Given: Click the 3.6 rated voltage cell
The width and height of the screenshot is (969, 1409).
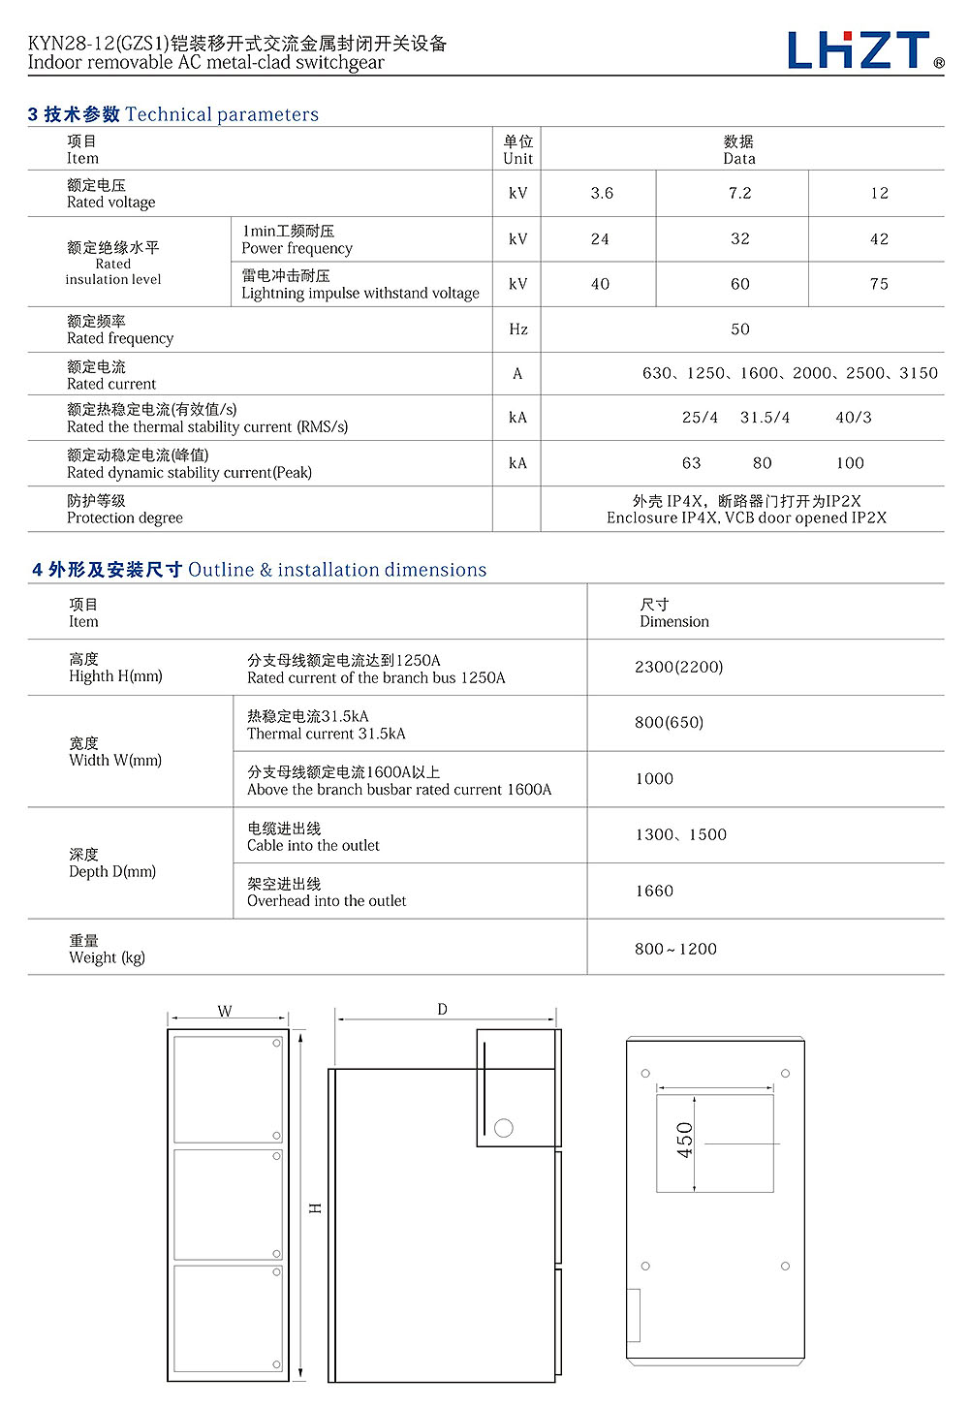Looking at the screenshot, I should coord(602,193).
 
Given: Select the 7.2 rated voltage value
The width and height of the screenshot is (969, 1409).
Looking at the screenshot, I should coord(739,193).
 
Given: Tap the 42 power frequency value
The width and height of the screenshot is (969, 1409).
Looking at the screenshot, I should coord(879,238).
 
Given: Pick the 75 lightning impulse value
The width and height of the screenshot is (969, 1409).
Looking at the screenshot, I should coord(879,284).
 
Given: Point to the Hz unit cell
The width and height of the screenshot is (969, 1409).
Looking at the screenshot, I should coord(517,329).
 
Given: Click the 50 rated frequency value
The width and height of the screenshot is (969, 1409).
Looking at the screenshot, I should coord(739,329).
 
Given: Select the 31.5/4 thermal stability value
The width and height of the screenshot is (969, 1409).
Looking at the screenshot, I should coord(765,418).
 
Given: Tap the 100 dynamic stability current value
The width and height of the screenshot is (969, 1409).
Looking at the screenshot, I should coord(850,463).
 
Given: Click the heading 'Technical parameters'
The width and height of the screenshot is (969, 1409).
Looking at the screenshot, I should coord(221,114).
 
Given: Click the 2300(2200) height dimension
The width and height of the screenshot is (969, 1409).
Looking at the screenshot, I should coord(678,667).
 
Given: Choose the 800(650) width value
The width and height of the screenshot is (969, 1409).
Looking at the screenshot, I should coord(669,722).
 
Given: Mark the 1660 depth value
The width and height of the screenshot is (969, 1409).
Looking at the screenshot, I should coord(654,891).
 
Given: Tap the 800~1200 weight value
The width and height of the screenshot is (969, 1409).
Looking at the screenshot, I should coord(675,949).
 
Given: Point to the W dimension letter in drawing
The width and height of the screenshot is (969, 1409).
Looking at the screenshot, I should coord(225,1011).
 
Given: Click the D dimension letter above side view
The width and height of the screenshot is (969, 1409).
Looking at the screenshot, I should coord(442,1010).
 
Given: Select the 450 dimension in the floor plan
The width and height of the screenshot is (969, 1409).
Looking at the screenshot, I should coord(685,1141).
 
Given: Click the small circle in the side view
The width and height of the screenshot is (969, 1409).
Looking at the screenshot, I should coord(503,1128).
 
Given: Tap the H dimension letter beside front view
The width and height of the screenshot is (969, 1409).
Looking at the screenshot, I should coord(315,1208).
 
